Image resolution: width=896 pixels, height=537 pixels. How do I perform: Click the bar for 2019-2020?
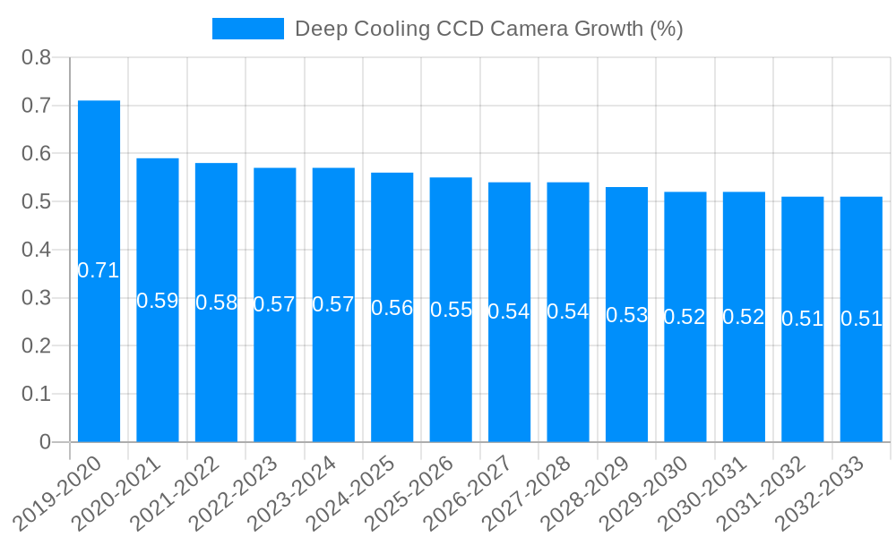(99, 179)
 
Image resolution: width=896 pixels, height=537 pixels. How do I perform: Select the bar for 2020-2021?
(158, 224)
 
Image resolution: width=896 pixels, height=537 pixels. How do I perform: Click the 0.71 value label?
(99, 270)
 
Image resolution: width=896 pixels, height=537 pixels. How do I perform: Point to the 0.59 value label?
(158, 301)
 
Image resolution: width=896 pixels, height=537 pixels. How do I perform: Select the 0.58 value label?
(216, 303)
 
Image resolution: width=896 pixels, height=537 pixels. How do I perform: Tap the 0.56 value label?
(392, 308)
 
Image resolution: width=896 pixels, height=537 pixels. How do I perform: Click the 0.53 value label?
(626, 315)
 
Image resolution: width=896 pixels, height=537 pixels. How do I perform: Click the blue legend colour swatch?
(247, 29)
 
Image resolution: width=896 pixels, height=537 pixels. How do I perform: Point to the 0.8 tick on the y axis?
(37, 58)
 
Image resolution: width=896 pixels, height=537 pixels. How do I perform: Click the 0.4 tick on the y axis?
(37, 250)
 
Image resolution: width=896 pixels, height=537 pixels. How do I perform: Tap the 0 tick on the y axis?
(46, 442)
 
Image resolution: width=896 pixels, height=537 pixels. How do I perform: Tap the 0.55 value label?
(451, 310)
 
